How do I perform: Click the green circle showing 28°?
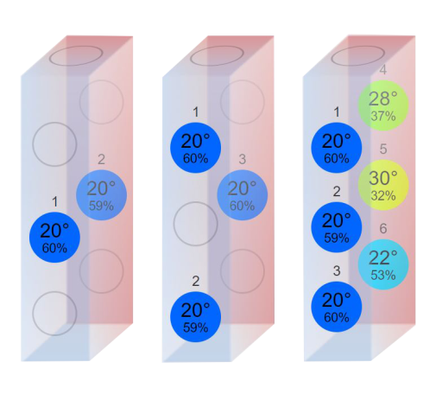pos(383,105)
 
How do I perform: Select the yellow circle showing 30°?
pos(383,185)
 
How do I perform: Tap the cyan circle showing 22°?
pos(383,264)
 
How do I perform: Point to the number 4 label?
pos(383,70)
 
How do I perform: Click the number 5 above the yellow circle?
pos(383,149)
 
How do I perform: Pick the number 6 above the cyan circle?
pos(383,229)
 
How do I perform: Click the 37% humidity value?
pos(383,117)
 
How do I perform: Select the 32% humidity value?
pos(383,196)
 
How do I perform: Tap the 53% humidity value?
pos(383,276)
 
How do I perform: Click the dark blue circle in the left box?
pos(54,238)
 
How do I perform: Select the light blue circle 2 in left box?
pos(101,195)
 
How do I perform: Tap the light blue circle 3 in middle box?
pos(243,195)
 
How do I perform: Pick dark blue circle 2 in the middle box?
pos(195,317)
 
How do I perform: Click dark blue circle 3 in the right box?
pos(337,307)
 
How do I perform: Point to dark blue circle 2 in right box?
pos(337,227)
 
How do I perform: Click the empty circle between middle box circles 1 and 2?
pos(174,224)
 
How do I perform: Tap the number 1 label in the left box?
pos(54,202)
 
